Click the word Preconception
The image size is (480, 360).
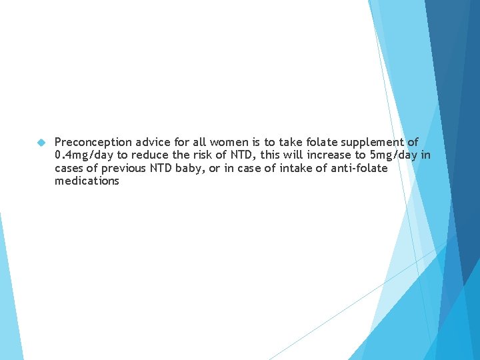[94, 142]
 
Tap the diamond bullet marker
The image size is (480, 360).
[40, 143]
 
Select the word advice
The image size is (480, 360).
[155, 142]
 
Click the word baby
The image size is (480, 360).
[191, 168]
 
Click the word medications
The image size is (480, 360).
[87, 181]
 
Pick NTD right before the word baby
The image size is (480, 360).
[164, 168]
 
